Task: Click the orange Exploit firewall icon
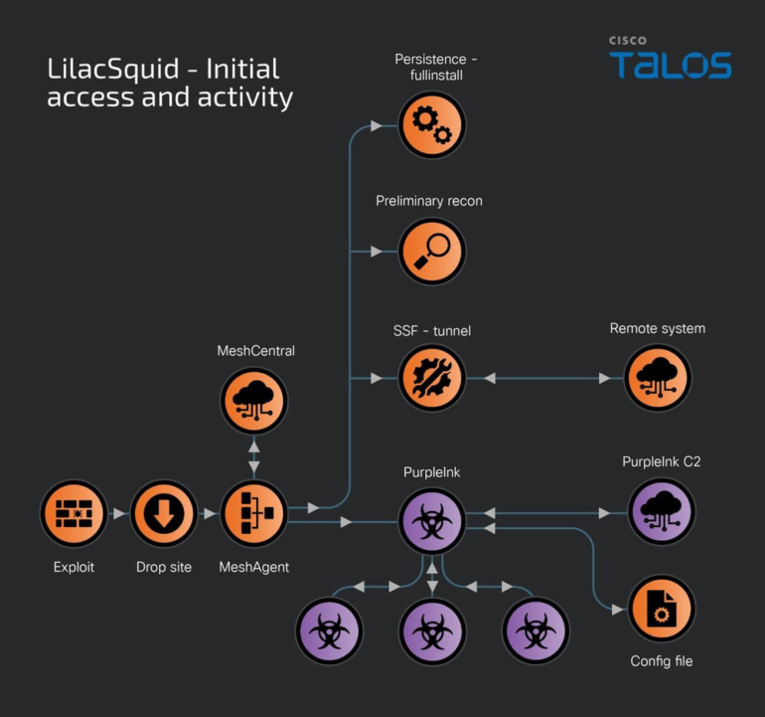click(74, 514)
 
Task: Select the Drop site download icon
click(164, 514)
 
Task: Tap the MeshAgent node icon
click(253, 514)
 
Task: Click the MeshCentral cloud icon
click(253, 401)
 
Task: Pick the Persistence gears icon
click(431, 125)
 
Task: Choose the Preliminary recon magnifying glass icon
click(431, 252)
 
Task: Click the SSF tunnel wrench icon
click(431, 379)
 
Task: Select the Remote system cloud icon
click(657, 379)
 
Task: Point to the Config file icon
click(662, 609)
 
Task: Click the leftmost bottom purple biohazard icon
click(329, 631)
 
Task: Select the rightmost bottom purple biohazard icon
click(535, 631)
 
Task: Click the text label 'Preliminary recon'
click(429, 201)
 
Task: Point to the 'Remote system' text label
click(657, 328)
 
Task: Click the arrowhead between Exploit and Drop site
click(119, 514)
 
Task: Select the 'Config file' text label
click(662, 660)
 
